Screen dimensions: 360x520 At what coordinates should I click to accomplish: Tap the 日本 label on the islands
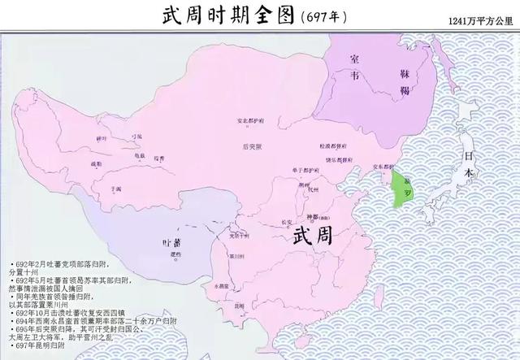pyautogui.click(x=467, y=167)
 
